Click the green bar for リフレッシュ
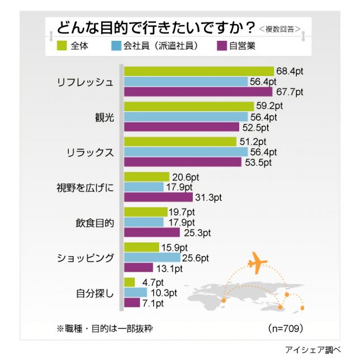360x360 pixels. (198, 71)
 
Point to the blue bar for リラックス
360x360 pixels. (186, 151)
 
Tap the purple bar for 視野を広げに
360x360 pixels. (159, 197)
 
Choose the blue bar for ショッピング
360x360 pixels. (151, 258)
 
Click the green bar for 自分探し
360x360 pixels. (129, 282)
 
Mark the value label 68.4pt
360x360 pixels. (290, 71)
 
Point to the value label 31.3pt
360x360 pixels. (209, 197)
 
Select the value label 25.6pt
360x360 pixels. (195, 258)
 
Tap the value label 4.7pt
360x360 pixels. (151, 282)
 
